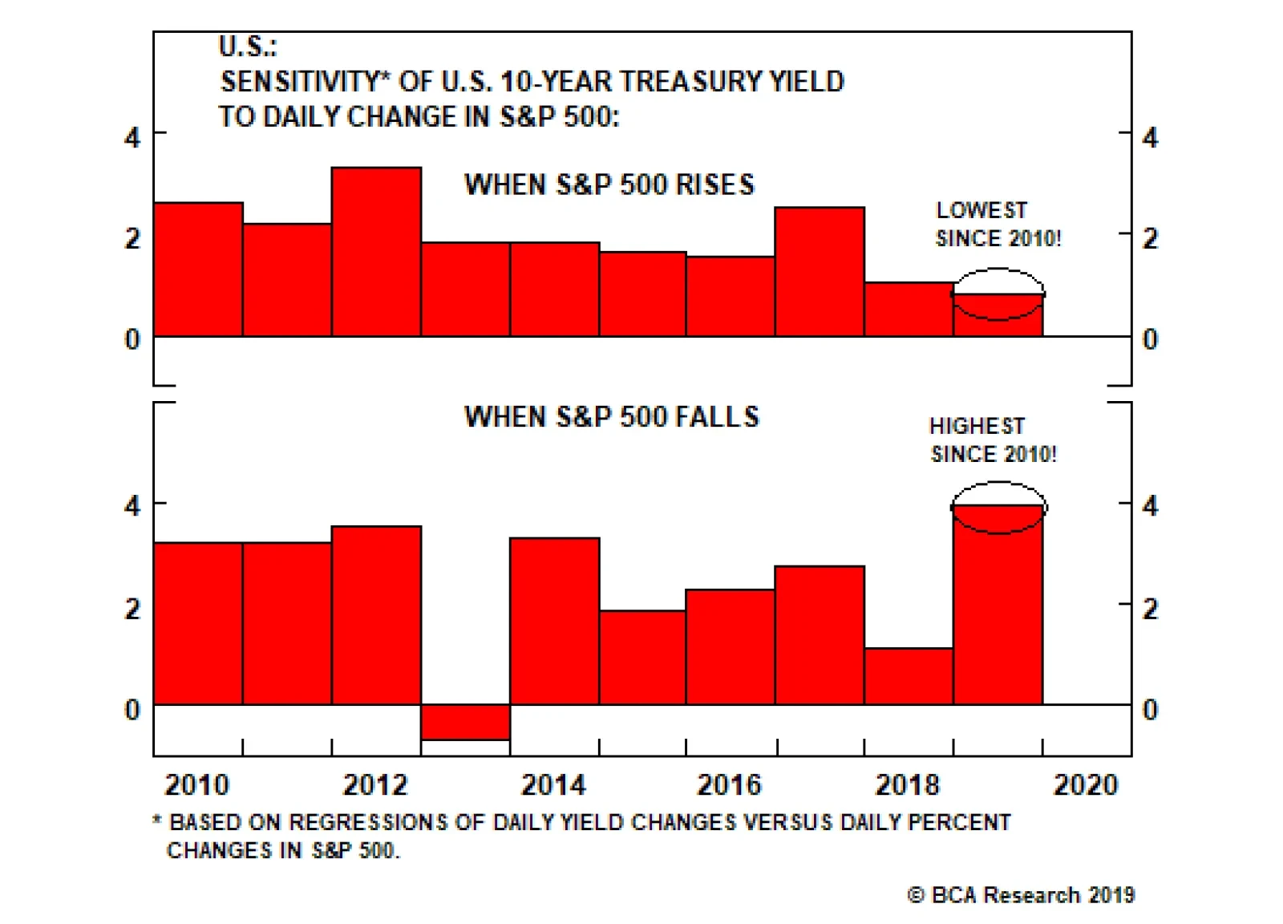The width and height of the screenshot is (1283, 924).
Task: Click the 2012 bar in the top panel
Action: (376, 252)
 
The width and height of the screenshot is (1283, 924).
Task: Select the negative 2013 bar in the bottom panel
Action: (465, 722)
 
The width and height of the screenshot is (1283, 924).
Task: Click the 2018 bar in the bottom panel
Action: (908, 676)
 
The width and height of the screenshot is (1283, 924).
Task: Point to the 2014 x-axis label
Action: (553, 784)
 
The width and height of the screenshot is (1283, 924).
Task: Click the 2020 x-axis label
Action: (1085, 784)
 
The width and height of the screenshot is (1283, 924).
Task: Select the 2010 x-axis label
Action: (197, 784)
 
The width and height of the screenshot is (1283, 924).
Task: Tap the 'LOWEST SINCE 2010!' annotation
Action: (998, 225)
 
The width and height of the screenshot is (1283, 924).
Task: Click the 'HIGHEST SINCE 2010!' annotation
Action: (993, 440)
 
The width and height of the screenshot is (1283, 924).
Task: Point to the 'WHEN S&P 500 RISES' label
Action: (609, 184)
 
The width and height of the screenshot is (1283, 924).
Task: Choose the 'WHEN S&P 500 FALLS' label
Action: (611, 417)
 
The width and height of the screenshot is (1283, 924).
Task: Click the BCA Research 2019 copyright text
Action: (1021, 895)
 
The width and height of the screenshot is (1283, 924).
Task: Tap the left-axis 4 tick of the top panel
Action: (132, 138)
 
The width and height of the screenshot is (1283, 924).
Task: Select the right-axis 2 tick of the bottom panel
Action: (1150, 609)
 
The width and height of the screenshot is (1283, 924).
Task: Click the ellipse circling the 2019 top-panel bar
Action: (998, 271)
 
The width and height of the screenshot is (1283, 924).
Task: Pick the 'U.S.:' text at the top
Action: (247, 47)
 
